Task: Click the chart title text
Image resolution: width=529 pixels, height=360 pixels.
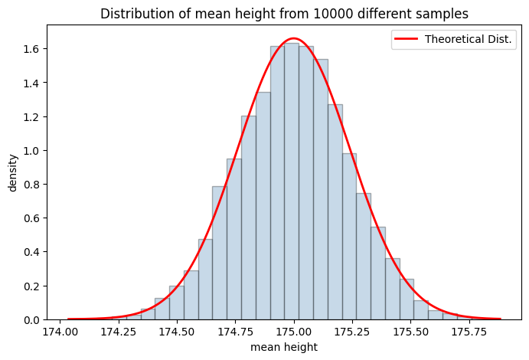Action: (x=284, y=14)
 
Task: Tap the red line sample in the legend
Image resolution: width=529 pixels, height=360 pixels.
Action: (x=407, y=40)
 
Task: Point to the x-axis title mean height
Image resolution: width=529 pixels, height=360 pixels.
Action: (x=284, y=347)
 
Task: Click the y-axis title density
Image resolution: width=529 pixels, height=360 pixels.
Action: (x=12, y=172)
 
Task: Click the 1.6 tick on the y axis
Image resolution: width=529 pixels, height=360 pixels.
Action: (x=31, y=49)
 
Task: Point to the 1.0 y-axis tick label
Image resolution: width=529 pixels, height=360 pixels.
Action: (x=31, y=150)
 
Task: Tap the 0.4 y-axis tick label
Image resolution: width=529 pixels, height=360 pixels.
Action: (x=31, y=252)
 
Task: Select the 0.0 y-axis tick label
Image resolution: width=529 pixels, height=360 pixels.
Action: (x=31, y=319)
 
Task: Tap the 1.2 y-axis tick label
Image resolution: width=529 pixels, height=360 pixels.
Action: (x=31, y=116)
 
